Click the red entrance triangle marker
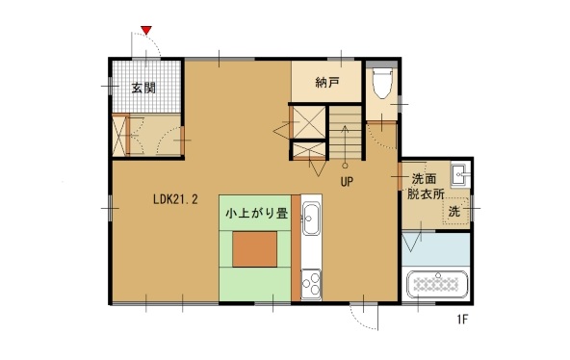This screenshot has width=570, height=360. click(x=145, y=32)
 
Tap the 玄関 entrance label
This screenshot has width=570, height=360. click(x=143, y=88)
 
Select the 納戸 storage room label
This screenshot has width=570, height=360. click(x=327, y=83)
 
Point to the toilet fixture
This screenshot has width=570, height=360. click(x=381, y=84)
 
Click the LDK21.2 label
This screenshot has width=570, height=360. click(x=175, y=200)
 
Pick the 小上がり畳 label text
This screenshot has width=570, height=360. click(x=257, y=212)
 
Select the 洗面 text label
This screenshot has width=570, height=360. click(x=425, y=178)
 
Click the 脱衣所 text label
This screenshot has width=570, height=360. click(x=425, y=194)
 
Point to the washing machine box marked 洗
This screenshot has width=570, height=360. click(x=453, y=211)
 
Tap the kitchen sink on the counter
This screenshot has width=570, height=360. click(x=310, y=219)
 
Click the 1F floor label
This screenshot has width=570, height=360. click(x=463, y=320)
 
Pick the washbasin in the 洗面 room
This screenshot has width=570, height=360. click(x=459, y=175)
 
